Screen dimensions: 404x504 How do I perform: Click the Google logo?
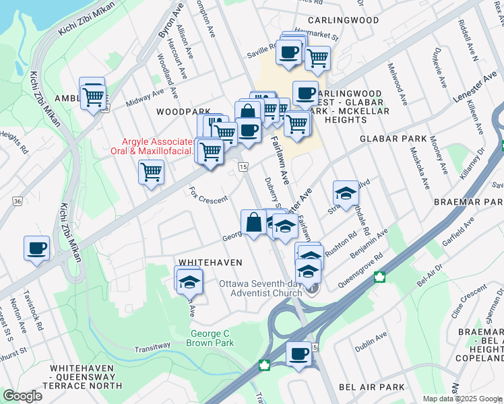tap(22, 396)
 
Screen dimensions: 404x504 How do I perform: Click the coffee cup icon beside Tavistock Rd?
tap(36, 247)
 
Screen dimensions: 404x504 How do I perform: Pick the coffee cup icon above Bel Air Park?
tap(298, 353)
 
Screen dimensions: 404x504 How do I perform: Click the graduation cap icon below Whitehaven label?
tap(189, 280)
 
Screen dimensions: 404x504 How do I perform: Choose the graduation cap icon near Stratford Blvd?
tap(346, 193)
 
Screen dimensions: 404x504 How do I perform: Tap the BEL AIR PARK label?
tap(372, 387)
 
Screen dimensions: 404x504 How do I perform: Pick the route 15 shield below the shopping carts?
tap(243, 166)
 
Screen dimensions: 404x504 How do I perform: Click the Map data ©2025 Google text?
tap(463, 399)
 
